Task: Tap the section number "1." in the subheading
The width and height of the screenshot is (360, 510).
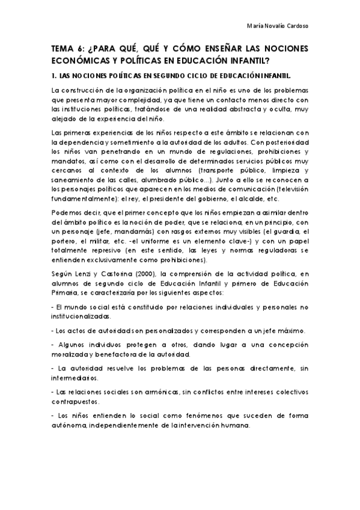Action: coord(54,76)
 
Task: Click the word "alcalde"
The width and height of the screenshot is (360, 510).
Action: coord(257,199)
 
